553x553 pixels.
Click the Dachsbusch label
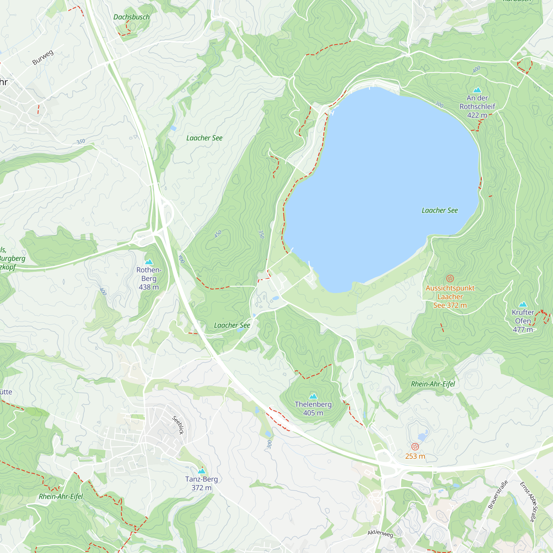(x=131, y=17)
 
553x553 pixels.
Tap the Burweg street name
(x=43, y=57)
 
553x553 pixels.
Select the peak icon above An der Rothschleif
(x=477, y=90)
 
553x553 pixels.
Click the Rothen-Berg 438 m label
(x=149, y=278)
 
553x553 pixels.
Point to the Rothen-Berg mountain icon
(x=149, y=262)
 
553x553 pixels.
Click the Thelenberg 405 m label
(x=313, y=408)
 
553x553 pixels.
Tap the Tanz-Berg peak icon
(x=202, y=471)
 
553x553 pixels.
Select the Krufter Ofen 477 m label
(x=523, y=321)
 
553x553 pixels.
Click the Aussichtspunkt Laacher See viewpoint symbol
(x=450, y=278)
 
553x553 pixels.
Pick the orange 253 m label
(x=415, y=456)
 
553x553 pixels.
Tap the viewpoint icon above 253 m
(x=415, y=447)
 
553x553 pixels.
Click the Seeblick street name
(x=178, y=425)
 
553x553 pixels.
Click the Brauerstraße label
(x=498, y=495)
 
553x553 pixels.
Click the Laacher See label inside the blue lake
(x=440, y=210)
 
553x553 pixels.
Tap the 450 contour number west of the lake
(x=218, y=234)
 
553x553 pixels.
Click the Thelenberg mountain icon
(x=313, y=397)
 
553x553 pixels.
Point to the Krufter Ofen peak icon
(x=523, y=304)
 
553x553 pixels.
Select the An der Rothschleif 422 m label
(x=477, y=106)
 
